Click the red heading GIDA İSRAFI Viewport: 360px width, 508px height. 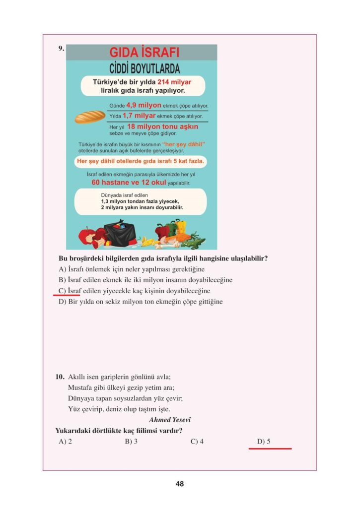pyautogui.click(x=144, y=53)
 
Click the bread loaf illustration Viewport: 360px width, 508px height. pyautogui.click(x=90, y=117)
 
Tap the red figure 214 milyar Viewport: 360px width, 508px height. pyautogui.click(x=174, y=82)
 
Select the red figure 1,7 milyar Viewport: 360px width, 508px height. pyautogui.click(x=139, y=116)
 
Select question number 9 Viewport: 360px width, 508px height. pyautogui.click(x=61, y=48)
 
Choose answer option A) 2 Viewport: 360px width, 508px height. pyautogui.click(x=66, y=441)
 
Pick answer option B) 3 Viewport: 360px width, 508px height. pyautogui.click(x=131, y=441)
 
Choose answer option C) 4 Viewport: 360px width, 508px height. pyautogui.click(x=197, y=441)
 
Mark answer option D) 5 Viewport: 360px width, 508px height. pyautogui.click(x=264, y=441)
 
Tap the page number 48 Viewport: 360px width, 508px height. pyautogui.click(x=180, y=484)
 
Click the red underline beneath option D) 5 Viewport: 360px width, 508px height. pyautogui.click(x=270, y=448)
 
